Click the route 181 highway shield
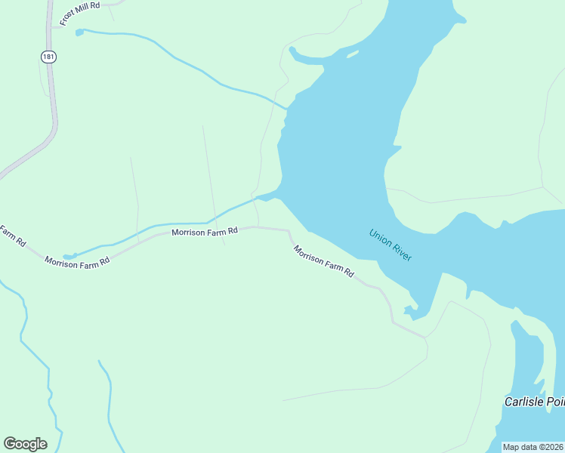click(x=48, y=57)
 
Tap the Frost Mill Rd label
click(x=80, y=13)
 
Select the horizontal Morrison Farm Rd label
click(x=205, y=231)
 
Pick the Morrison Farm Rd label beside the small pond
click(x=77, y=261)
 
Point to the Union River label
click(x=390, y=245)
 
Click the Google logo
click(x=25, y=443)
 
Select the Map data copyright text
click(x=533, y=447)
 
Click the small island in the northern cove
click(x=352, y=54)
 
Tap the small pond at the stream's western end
click(x=69, y=256)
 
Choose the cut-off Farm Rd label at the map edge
click(x=12, y=236)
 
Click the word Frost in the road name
click(x=69, y=18)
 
